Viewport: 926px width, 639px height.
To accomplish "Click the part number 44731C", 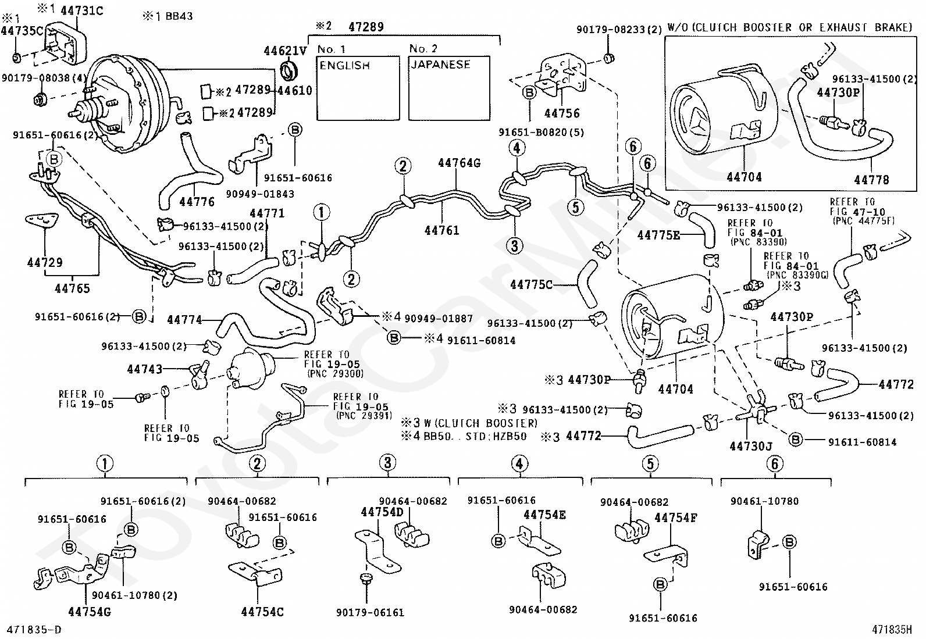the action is (x=82, y=10).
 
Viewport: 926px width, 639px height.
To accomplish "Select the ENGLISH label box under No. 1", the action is (x=358, y=88).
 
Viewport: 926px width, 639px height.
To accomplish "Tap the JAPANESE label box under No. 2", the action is (x=450, y=88).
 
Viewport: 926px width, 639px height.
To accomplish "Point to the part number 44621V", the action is (x=285, y=51).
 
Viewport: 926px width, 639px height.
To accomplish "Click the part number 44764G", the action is (x=460, y=163).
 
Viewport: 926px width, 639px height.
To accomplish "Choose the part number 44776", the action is (x=197, y=202).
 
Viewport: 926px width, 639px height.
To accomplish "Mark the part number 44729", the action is (x=45, y=262).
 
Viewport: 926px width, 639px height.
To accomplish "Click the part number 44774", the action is (x=184, y=320).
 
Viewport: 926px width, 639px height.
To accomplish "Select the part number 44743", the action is (x=145, y=369).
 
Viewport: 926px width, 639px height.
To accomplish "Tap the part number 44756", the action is (x=562, y=113).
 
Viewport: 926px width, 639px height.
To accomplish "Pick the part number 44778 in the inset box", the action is (x=871, y=180).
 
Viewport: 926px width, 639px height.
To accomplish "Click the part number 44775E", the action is (x=658, y=235).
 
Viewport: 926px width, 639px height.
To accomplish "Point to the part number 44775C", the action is (x=531, y=285).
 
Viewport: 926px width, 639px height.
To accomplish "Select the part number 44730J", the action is (x=751, y=446).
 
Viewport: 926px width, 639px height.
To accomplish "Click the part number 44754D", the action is (x=382, y=512).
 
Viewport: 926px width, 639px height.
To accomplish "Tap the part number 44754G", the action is (x=90, y=612).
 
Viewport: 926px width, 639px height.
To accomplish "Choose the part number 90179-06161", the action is (x=370, y=613).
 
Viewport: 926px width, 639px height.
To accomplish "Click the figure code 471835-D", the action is (x=31, y=630).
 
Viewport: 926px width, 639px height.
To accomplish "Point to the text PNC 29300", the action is (x=336, y=374).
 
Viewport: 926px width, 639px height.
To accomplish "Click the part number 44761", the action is (x=442, y=230).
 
